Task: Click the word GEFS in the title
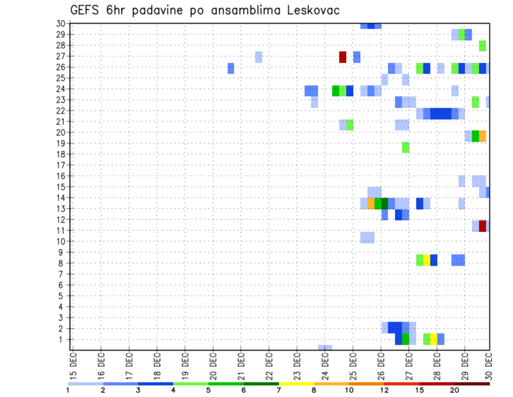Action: tap(86, 11)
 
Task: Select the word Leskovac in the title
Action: tap(313, 11)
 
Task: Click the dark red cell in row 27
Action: tap(343, 57)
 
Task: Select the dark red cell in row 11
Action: tap(483, 226)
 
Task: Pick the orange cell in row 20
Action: tap(483, 136)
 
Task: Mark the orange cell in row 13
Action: tap(371, 203)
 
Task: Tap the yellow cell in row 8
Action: tap(426, 260)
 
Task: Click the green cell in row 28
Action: tap(483, 45)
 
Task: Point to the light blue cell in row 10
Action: tap(367, 237)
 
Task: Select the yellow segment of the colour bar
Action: tap(296, 384)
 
